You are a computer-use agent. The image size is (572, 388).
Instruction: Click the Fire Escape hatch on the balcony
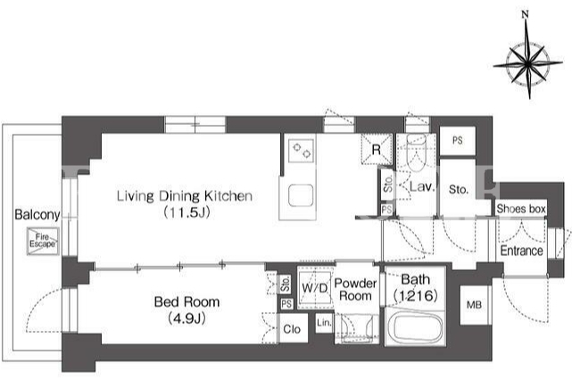coord(42,241)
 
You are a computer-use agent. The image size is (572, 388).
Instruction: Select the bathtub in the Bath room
coord(416,327)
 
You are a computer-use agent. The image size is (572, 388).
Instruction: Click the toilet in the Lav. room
coord(416,153)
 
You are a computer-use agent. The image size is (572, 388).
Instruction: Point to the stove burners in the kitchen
coord(302,151)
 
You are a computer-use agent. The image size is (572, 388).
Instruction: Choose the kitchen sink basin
coord(301,195)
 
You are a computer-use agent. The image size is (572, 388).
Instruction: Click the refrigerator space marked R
coord(377,149)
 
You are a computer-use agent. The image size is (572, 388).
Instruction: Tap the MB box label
coord(474,304)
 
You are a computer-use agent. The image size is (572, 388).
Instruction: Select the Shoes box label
coord(521,209)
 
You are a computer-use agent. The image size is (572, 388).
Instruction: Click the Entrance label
coord(522,251)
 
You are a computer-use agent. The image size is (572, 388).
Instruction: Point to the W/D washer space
coord(314,288)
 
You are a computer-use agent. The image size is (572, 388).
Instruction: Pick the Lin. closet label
coord(324,323)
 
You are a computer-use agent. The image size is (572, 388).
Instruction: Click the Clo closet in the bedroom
coord(292,328)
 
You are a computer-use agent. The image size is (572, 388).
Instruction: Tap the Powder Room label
coord(355,290)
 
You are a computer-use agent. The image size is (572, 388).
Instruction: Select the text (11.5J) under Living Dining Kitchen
coord(187,212)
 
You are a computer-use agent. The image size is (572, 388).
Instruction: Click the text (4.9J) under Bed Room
coord(187,318)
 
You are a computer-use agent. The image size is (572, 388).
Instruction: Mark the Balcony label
coord(37,215)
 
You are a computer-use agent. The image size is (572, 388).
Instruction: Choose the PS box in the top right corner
coord(458,140)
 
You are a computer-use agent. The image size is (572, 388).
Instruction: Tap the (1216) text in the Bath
coord(416,295)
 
